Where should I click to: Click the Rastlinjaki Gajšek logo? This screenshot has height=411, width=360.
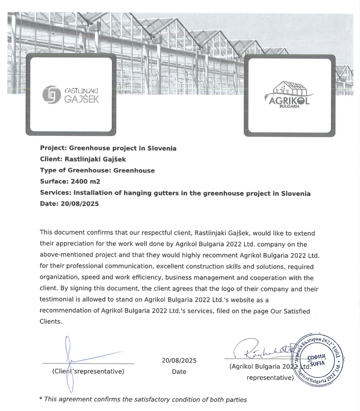coord(70,94)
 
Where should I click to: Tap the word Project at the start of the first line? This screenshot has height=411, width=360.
coord(53,148)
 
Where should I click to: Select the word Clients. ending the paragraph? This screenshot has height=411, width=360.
coord(50,322)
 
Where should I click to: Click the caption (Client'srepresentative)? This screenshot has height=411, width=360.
coord(88,371)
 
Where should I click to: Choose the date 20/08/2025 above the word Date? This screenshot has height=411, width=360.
coord(179,361)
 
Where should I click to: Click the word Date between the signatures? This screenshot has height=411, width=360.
coord(179,371)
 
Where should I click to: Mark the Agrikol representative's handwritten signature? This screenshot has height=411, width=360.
coord(264,350)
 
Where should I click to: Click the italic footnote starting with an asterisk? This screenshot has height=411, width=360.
coord(143,400)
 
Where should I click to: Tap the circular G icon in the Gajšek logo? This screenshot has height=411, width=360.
coord(50,94)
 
